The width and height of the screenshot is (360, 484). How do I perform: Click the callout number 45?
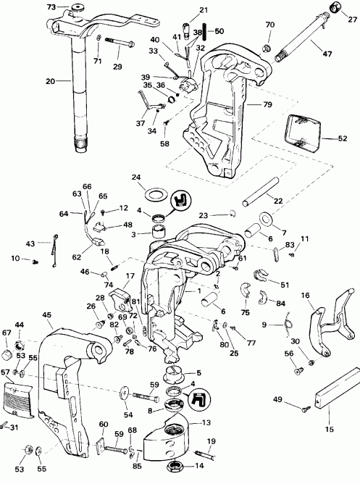tap(48, 314)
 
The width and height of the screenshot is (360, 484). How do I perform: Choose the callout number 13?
tap(206, 422)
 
